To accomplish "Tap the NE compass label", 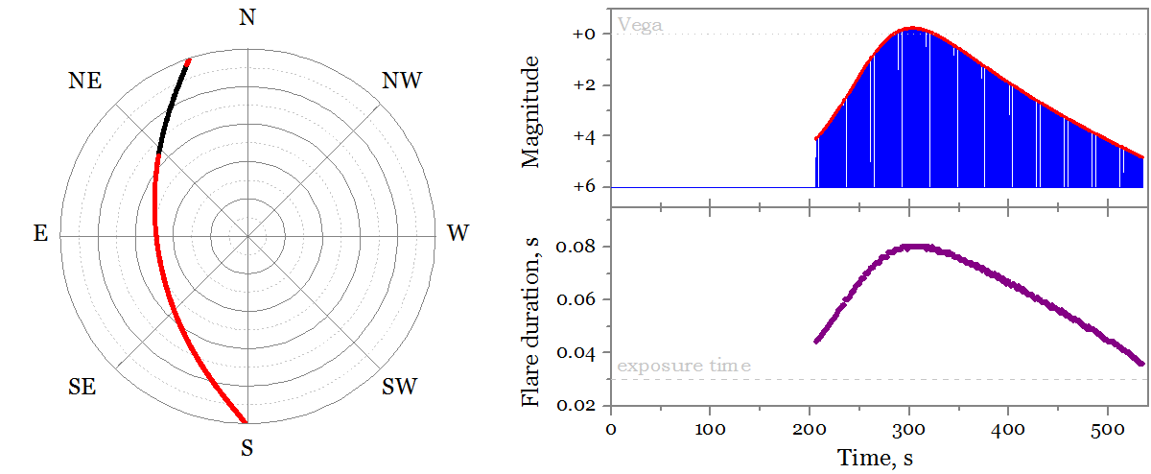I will click(86, 81).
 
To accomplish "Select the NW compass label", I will click(402, 81).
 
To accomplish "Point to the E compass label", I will click(40, 233).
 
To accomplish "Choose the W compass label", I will click(458, 233).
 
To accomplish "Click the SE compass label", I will click(82, 388).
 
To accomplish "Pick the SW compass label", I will click(400, 388).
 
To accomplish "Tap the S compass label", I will click(247, 447).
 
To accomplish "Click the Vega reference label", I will click(640, 24).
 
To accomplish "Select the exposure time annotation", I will click(684, 366).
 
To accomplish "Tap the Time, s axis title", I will click(874, 458).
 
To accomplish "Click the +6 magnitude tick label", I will click(586, 187).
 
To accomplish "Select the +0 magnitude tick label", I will click(586, 35).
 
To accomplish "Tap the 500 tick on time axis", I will click(1107, 429).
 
